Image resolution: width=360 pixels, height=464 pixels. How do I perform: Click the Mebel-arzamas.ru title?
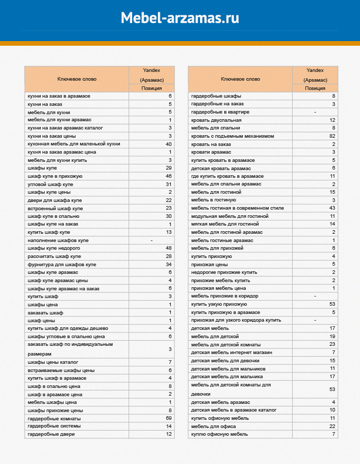click(x=180, y=18)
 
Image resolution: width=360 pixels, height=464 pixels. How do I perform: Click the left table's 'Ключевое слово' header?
click(x=76, y=79)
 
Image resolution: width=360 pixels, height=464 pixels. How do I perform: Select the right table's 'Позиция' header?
click(x=315, y=88)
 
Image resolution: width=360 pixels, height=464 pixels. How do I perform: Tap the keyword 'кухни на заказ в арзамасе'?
click(x=59, y=96)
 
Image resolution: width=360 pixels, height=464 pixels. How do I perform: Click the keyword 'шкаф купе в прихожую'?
click(x=55, y=176)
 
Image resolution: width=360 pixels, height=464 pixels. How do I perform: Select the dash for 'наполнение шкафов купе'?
click(x=152, y=240)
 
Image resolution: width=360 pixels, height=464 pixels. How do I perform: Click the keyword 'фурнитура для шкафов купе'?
click(x=62, y=264)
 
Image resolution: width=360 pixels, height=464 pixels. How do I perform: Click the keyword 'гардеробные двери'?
click(x=51, y=434)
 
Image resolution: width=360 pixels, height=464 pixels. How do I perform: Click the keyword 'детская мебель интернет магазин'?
click(x=231, y=352)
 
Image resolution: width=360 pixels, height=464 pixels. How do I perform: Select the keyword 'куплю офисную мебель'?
click(x=219, y=434)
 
